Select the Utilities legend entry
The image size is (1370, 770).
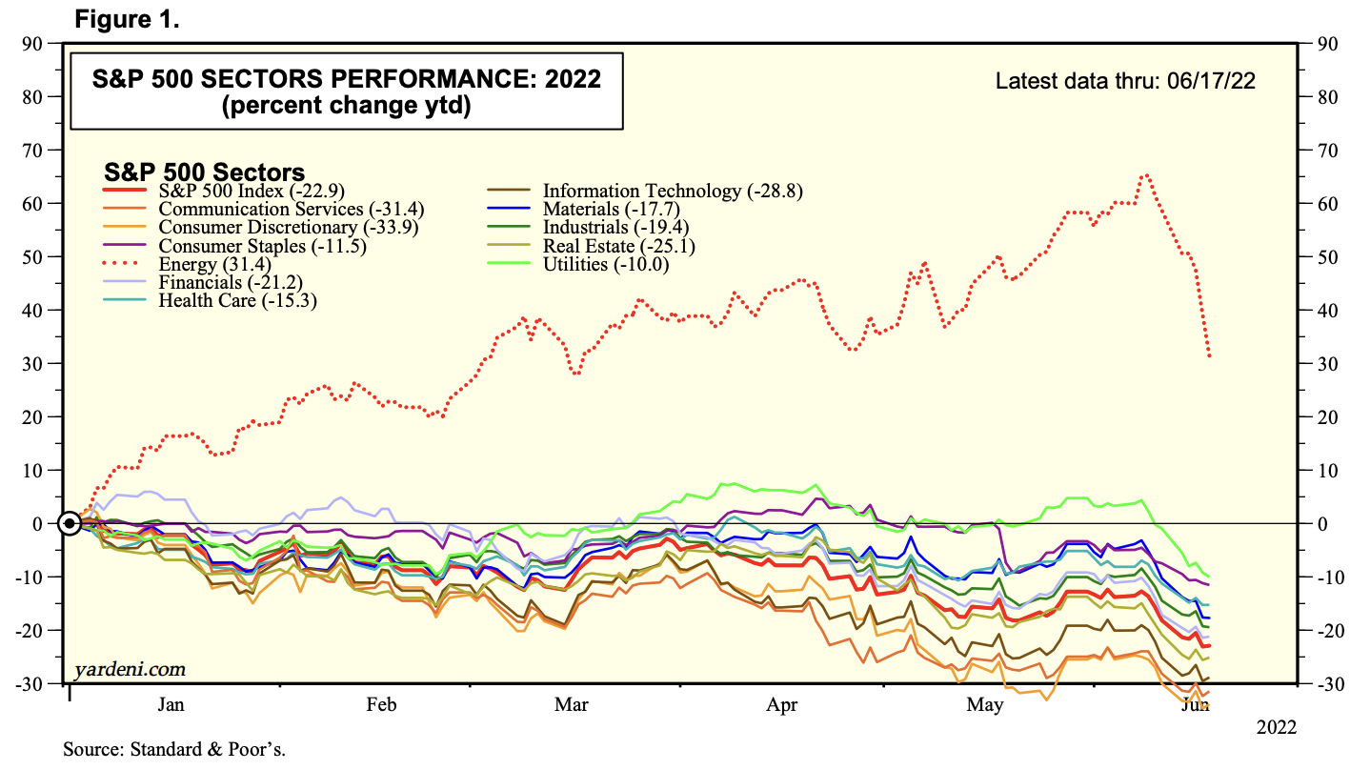tap(605, 264)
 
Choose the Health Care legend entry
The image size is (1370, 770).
tap(237, 300)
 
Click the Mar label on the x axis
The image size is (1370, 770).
tap(571, 705)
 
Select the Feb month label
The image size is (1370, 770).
tap(381, 705)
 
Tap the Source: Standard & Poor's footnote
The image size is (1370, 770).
tap(174, 749)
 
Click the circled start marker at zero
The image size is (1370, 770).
tap(70, 523)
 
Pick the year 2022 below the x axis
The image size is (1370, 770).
tap(1276, 727)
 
